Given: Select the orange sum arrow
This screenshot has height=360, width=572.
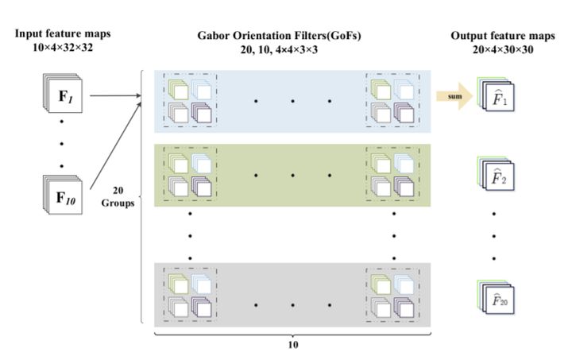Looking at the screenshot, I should (x=452, y=98).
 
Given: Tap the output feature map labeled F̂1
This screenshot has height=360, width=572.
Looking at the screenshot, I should (x=494, y=99).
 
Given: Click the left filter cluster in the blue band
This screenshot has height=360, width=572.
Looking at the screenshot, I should (x=190, y=99).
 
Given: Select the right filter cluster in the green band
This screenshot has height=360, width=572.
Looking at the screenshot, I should (x=392, y=175).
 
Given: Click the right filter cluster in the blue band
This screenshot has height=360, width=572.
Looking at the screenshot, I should (x=392, y=99).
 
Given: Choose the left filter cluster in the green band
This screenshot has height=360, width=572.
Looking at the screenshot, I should (x=190, y=175).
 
